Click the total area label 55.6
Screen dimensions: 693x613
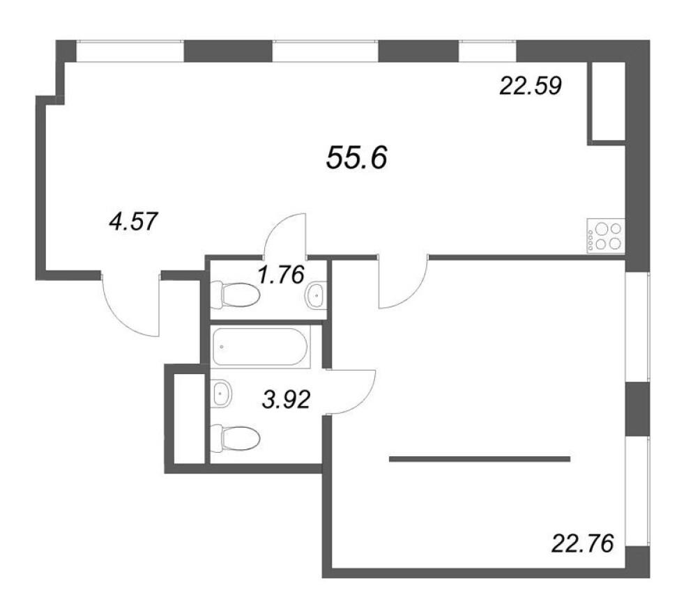point(357,158)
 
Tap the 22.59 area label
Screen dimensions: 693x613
point(531,86)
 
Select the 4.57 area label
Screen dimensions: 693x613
point(133,222)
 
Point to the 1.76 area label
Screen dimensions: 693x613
point(281,274)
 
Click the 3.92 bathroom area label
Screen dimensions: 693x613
point(287,400)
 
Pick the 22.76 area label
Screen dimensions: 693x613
point(583,543)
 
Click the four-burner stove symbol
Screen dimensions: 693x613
point(606,236)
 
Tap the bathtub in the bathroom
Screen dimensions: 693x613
point(260,347)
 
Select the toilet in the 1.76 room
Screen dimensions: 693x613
point(235,294)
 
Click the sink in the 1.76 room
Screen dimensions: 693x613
point(317,295)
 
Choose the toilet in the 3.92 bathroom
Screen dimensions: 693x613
point(235,438)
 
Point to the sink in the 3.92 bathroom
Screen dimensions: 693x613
point(222,393)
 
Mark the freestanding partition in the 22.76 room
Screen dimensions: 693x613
point(480,459)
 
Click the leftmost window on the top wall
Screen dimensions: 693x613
point(130,51)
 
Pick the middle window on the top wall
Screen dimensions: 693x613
point(326,51)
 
